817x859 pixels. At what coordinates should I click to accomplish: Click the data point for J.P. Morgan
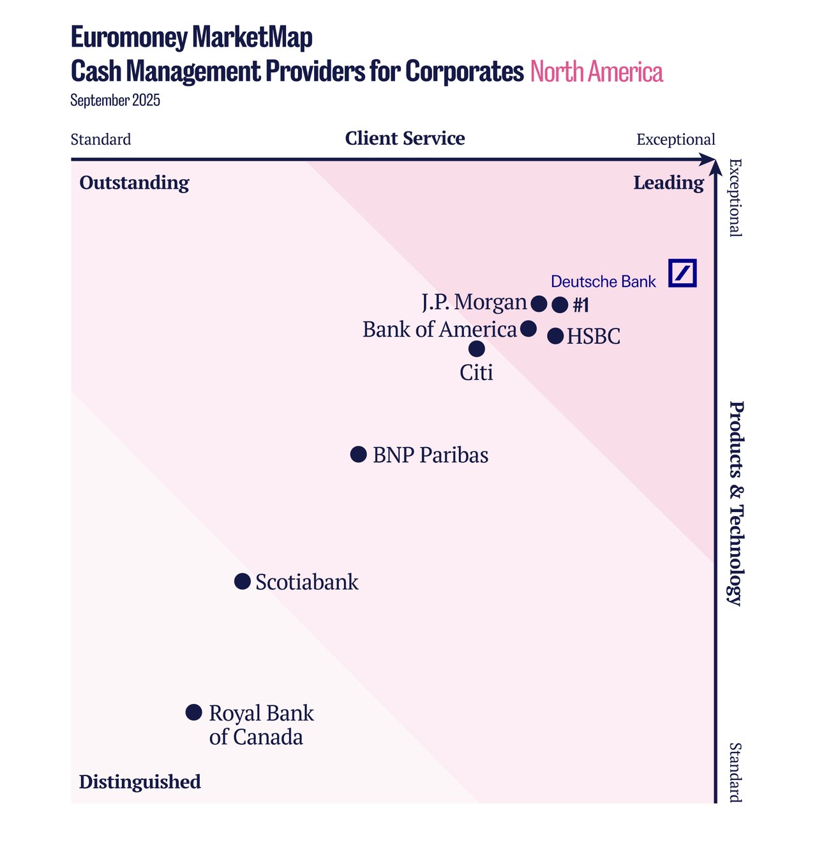539,304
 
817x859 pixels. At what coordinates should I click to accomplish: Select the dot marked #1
560,305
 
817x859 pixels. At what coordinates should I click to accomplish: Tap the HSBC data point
555,336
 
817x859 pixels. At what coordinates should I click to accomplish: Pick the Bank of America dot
528,328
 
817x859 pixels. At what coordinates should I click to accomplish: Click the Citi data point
477,349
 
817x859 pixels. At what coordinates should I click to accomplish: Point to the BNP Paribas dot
359,454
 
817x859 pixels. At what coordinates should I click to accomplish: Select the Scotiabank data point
243,581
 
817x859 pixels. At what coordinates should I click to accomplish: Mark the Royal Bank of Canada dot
194,712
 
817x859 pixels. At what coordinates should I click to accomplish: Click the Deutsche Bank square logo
682,273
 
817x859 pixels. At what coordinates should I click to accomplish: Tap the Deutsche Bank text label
603,282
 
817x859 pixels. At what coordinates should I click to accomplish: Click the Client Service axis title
405,138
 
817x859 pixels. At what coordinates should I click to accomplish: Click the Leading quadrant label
668,183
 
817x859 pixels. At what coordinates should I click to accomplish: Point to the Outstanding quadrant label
134,183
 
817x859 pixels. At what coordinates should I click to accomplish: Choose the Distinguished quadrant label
140,782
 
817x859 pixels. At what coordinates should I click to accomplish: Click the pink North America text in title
596,71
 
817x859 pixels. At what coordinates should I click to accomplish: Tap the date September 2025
115,101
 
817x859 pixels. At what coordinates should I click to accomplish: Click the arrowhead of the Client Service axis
708,159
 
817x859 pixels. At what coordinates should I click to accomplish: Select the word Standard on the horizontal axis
101,140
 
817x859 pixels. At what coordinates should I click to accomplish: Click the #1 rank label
581,305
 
